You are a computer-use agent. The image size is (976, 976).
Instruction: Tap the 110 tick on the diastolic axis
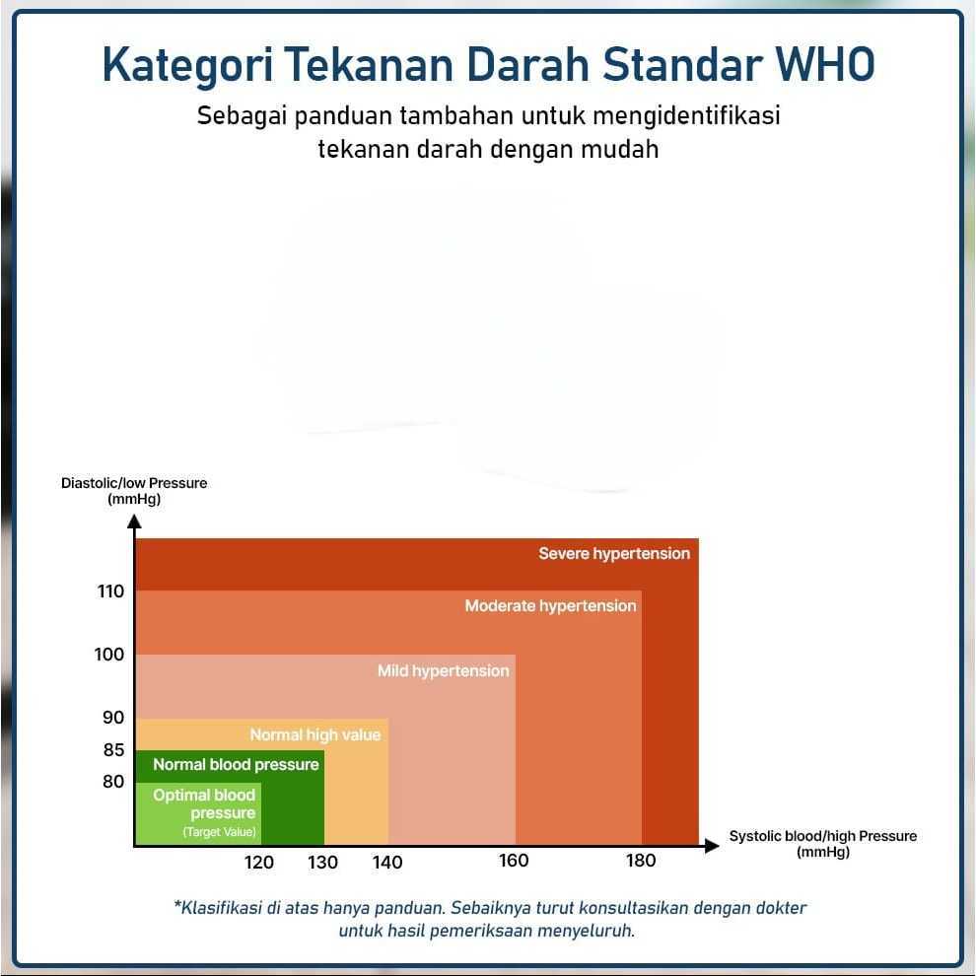point(110,591)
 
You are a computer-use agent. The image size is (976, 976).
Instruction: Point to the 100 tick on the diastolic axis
point(109,655)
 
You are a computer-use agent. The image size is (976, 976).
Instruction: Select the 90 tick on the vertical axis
point(113,717)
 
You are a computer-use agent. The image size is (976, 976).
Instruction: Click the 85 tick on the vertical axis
point(114,749)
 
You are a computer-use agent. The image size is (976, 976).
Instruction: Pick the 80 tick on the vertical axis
point(113,781)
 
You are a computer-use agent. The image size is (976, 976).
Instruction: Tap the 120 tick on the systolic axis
point(259,862)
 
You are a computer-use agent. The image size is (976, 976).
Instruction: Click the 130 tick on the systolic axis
point(323,862)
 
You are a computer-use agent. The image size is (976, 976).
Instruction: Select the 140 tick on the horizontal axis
point(387,862)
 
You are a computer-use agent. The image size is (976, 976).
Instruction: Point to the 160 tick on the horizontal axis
point(515,861)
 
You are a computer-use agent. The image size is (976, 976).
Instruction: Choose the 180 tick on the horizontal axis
point(641,861)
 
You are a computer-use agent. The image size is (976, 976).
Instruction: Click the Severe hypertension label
point(614,553)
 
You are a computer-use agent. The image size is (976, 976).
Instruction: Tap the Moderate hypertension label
point(551,605)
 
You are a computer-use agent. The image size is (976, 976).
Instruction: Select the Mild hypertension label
point(444,670)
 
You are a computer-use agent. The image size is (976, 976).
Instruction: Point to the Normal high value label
point(314,734)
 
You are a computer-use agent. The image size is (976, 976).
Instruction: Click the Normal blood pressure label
point(236,764)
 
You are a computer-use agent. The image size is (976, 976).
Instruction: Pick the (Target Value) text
point(219,832)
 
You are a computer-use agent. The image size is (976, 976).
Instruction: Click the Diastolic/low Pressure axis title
point(134,491)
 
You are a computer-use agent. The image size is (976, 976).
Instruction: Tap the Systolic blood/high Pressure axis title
point(823,844)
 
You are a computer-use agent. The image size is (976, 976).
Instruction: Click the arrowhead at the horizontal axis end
point(712,845)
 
